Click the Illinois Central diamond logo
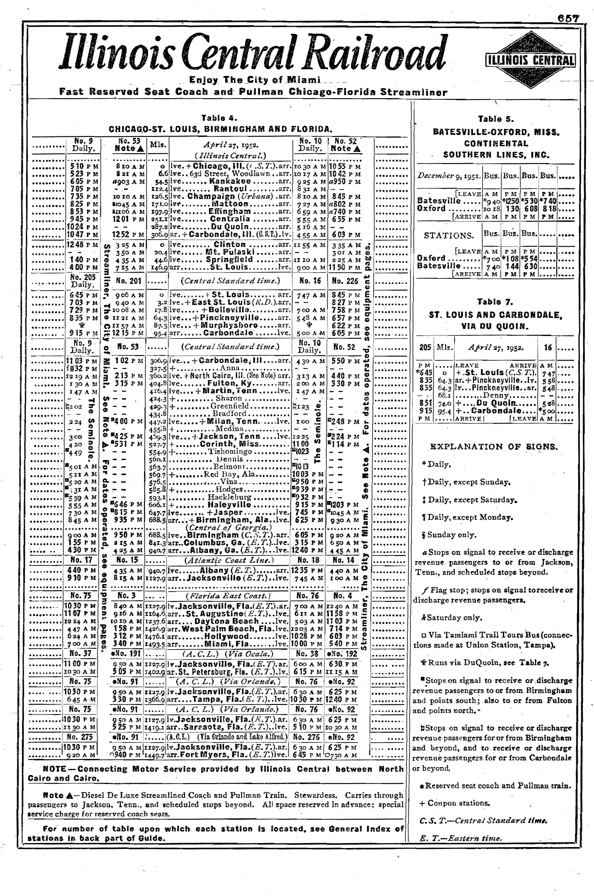coord(530,60)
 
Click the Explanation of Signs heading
coord(494,446)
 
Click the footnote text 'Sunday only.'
coord(451,535)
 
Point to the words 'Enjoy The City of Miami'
coord(255,80)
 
